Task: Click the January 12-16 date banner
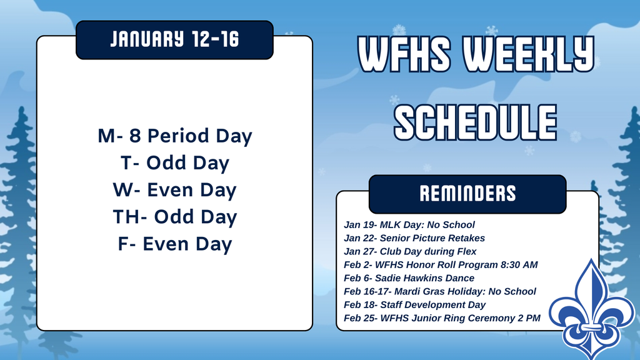[174, 40]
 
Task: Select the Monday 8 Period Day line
[174, 136]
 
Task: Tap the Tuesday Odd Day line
[174, 163]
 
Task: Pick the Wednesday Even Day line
[174, 190]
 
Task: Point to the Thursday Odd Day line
[174, 217]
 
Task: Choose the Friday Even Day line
[174, 244]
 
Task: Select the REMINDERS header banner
[467, 194]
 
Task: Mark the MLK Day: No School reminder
[409, 224]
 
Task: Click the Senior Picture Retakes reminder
[414, 238]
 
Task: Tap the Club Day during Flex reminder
[410, 251]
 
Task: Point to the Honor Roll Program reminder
[441, 265]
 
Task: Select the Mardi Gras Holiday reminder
[440, 291]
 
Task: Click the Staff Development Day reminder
[415, 305]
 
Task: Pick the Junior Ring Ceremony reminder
[442, 318]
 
